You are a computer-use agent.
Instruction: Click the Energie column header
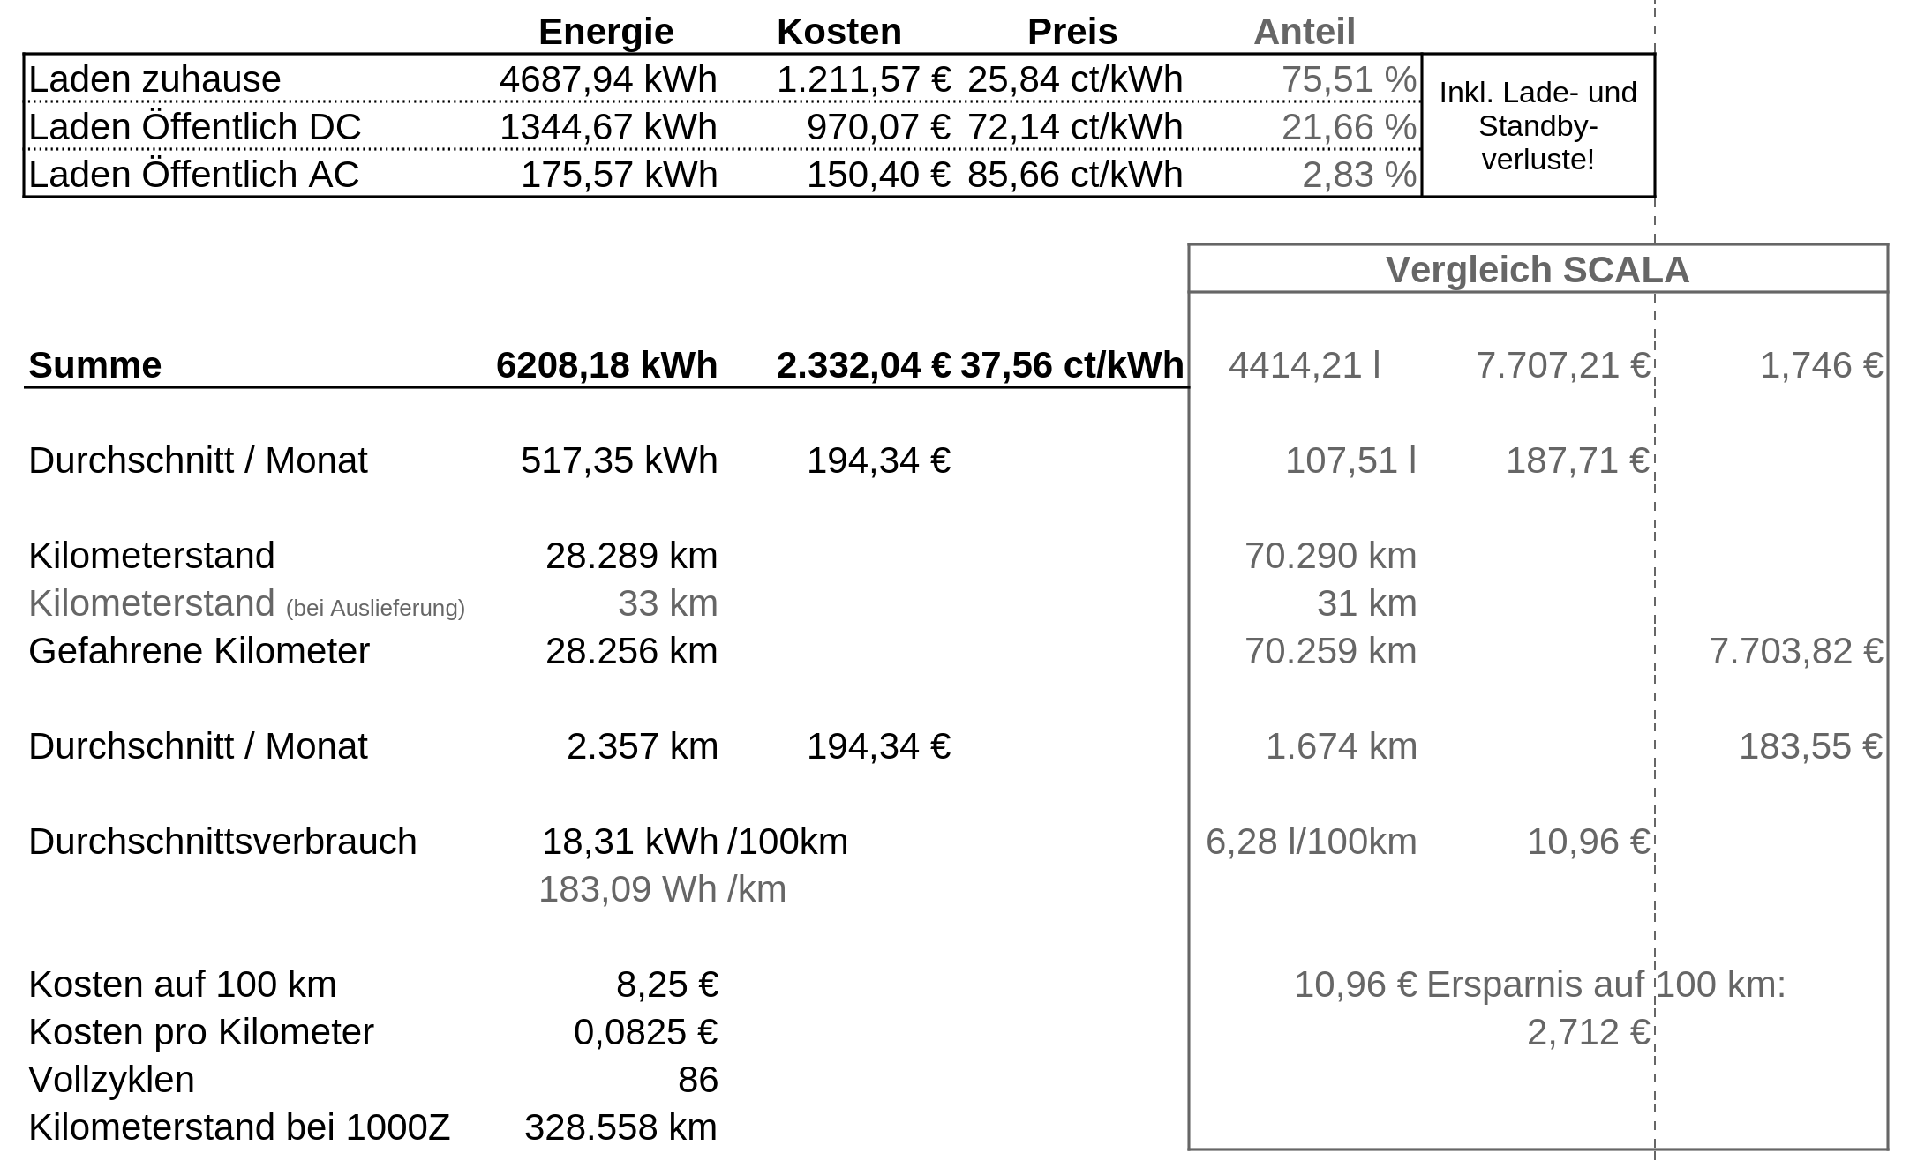pos(605,33)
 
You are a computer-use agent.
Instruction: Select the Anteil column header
pos(1304,33)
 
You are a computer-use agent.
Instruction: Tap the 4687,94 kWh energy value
pos(608,79)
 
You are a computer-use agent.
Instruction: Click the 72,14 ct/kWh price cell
pos(1074,127)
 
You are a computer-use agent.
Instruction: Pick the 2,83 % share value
pos(1358,175)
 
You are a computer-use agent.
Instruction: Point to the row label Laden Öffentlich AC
pos(194,175)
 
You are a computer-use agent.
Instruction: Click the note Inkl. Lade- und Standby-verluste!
pos(1538,126)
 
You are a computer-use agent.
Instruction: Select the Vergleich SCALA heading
pos(1537,270)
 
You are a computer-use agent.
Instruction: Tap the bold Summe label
pos(95,365)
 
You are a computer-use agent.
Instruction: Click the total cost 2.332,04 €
pos(863,365)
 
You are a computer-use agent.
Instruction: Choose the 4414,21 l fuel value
pos(1304,365)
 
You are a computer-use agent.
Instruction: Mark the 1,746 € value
pos(1821,365)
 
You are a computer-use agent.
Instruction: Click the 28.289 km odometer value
pos(631,556)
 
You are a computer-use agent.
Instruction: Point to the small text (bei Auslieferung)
pos(375,608)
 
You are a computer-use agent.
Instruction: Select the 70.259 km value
pos(1330,651)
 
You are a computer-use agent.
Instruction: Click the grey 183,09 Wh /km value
pos(662,889)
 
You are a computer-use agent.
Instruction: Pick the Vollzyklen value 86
pos(697,1080)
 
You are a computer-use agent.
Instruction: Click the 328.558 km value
pos(620,1127)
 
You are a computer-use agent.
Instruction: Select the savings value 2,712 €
pos(1588,1032)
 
